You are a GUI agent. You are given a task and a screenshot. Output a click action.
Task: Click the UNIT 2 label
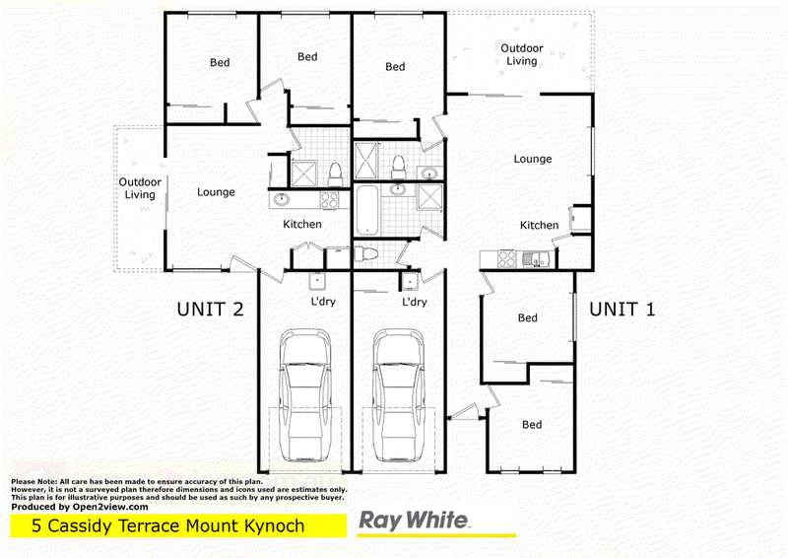209,309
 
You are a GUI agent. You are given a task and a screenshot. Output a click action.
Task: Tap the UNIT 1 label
622,309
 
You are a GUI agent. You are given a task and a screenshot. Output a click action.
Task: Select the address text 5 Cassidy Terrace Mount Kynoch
168,525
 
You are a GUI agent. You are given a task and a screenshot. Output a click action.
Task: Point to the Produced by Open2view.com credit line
80,507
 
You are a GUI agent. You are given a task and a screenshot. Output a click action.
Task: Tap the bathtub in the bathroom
369,208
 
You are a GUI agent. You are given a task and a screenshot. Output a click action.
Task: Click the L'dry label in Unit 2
323,302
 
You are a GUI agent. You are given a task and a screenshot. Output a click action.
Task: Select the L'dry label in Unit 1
415,302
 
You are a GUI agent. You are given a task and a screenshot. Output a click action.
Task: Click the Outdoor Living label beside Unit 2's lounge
140,188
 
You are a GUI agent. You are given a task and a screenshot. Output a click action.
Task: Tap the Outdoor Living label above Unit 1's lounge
522,54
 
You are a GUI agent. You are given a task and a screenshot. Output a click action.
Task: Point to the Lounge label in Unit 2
216,192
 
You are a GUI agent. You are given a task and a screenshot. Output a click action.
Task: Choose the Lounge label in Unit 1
533,159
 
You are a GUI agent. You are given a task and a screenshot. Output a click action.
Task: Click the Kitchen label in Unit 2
302,225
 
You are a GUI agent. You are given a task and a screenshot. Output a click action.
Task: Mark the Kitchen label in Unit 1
540,226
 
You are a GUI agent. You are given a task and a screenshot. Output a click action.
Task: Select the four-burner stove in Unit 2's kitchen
328,199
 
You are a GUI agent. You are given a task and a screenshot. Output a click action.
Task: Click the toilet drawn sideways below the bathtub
366,254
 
